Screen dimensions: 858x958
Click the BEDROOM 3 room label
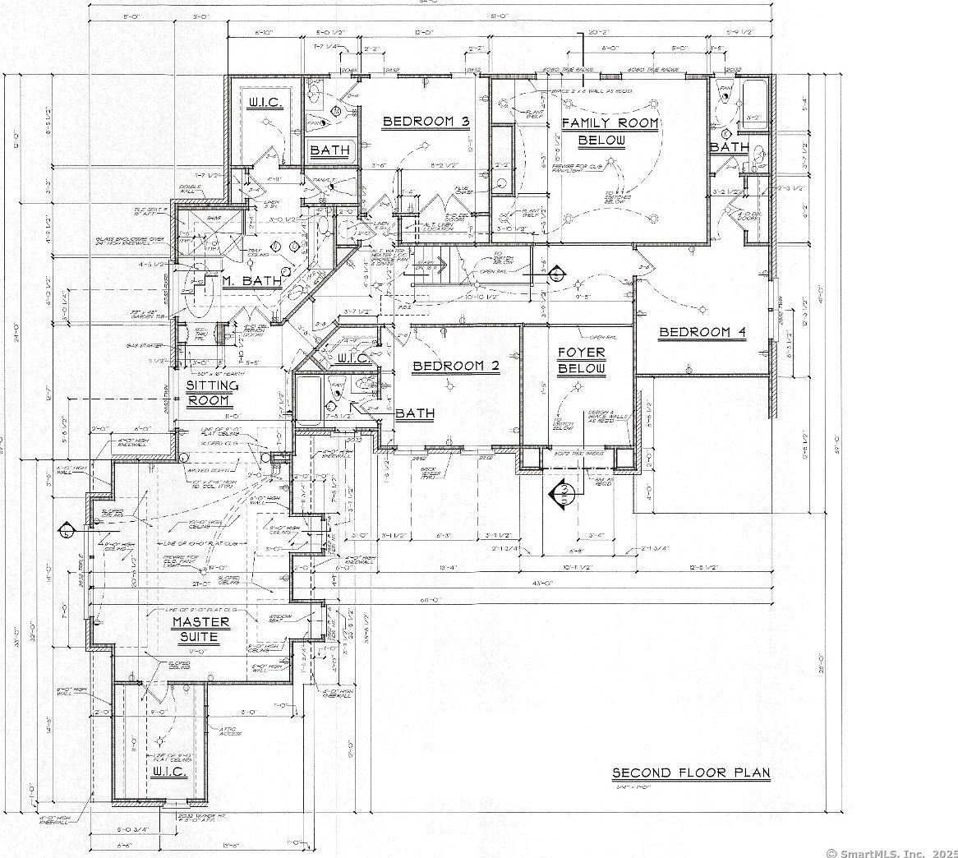pyautogui.click(x=426, y=122)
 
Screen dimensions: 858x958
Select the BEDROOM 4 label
pyautogui.click(x=702, y=332)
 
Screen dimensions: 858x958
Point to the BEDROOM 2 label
pyautogui.click(x=456, y=367)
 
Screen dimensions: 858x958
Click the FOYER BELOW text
pyautogui.click(x=581, y=360)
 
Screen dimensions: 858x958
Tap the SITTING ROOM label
pyautogui.click(x=212, y=393)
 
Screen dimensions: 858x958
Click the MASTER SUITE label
pyautogui.click(x=200, y=630)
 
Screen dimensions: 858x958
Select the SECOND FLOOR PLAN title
pyautogui.click(x=690, y=773)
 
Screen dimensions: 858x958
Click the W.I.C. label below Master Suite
pyautogui.click(x=170, y=773)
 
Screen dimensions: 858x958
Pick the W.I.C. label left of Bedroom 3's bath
pyautogui.click(x=265, y=103)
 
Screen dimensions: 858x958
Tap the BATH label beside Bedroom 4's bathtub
pyautogui.click(x=729, y=147)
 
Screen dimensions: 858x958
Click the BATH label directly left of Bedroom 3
pyautogui.click(x=329, y=151)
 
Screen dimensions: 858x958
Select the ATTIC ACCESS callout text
pyautogui.click(x=228, y=731)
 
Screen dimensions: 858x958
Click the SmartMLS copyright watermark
pyautogui.click(x=891, y=852)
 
